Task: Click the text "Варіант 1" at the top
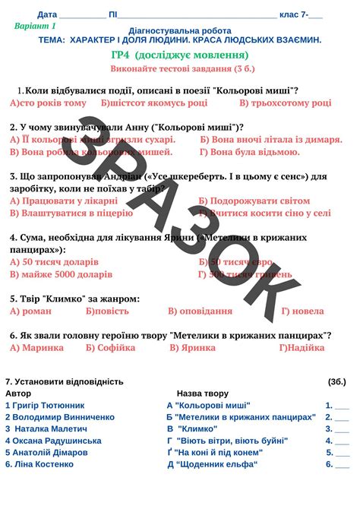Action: [x=35, y=26]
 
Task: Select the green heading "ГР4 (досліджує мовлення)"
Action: [x=179, y=55]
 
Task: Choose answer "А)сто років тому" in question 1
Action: [x=49, y=103]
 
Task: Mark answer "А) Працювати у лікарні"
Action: [x=64, y=201]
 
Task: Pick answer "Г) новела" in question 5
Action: [x=302, y=311]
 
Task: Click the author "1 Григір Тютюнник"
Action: [x=45, y=406]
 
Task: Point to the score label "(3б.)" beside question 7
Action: [x=336, y=381]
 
